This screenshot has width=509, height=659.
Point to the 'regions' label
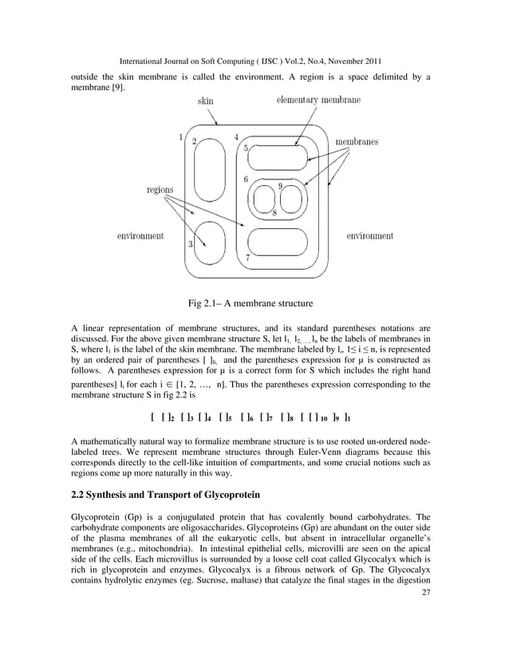coord(162,190)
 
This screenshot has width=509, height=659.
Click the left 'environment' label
coord(140,236)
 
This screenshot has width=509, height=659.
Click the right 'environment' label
coord(369,236)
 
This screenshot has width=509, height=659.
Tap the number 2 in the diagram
coord(195,140)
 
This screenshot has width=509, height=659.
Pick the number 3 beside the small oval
coord(191,244)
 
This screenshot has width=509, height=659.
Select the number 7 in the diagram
coord(248,258)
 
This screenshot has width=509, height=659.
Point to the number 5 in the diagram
coord(247,149)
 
